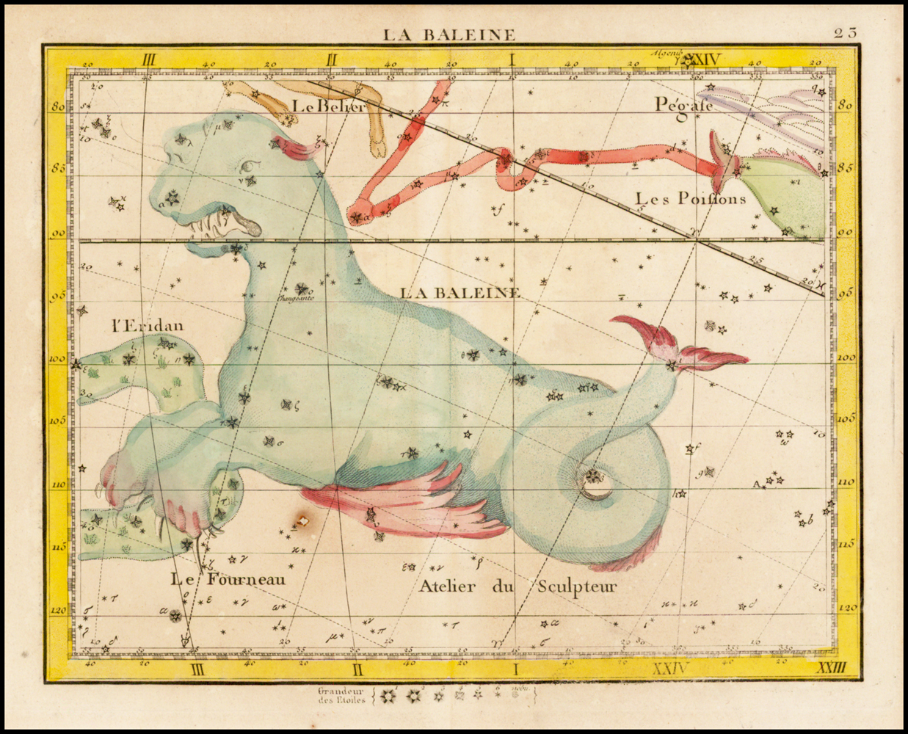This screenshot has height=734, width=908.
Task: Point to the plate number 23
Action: [845, 32]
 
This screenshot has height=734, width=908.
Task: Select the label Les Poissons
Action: [690, 199]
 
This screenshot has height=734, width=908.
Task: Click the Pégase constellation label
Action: [684, 105]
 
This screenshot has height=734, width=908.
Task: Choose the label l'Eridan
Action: [148, 326]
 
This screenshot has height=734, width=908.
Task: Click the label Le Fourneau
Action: [228, 579]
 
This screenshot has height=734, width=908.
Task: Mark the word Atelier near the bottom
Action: [448, 586]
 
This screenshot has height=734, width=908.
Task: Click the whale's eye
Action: [251, 166]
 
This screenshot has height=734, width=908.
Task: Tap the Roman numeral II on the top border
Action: [332, 61]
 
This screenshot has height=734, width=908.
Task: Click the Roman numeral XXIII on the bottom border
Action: [832, 668]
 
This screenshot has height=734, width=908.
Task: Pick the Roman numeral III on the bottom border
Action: [196, 669]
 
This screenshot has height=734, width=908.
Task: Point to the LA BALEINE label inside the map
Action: [460, 292]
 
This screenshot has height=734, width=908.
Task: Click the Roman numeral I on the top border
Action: [513, 61]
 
